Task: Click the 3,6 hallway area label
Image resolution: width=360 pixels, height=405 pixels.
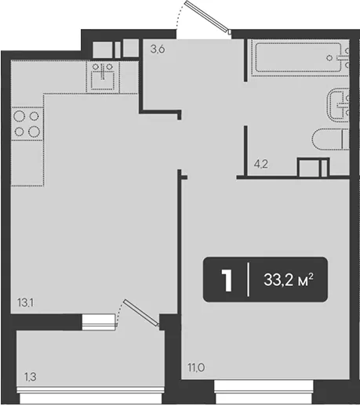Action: click(158, 49)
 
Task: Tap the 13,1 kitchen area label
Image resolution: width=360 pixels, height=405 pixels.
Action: click(25, 302)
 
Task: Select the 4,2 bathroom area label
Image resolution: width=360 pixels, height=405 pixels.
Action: click(261, 164)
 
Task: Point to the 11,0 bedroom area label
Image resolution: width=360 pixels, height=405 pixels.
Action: click(196, 367)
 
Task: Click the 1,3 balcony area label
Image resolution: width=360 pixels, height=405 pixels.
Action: click(30, 377)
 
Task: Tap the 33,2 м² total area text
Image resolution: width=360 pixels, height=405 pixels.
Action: click(288, 280)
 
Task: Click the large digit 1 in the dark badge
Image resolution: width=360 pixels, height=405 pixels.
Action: click(227, 280)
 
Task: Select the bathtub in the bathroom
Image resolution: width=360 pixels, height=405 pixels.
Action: click(300, 57)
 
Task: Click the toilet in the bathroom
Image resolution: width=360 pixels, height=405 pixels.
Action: click(330, 139)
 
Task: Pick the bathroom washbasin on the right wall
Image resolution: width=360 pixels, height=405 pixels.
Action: click(338, 105)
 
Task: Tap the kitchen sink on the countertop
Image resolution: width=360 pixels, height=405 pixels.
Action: click(103, 77)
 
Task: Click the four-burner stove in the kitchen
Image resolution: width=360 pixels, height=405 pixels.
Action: click(27, 124)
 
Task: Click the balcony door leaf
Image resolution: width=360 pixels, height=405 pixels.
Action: click(141, 313)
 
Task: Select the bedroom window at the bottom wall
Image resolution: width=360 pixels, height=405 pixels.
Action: click(264, 392)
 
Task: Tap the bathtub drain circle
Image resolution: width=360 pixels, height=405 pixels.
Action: click(329, 58)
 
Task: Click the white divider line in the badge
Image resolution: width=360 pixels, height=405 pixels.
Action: click(248, 280)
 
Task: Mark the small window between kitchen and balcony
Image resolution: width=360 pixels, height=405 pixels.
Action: click(99, 322)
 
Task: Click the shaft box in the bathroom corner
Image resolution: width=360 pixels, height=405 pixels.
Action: click(313, 167)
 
